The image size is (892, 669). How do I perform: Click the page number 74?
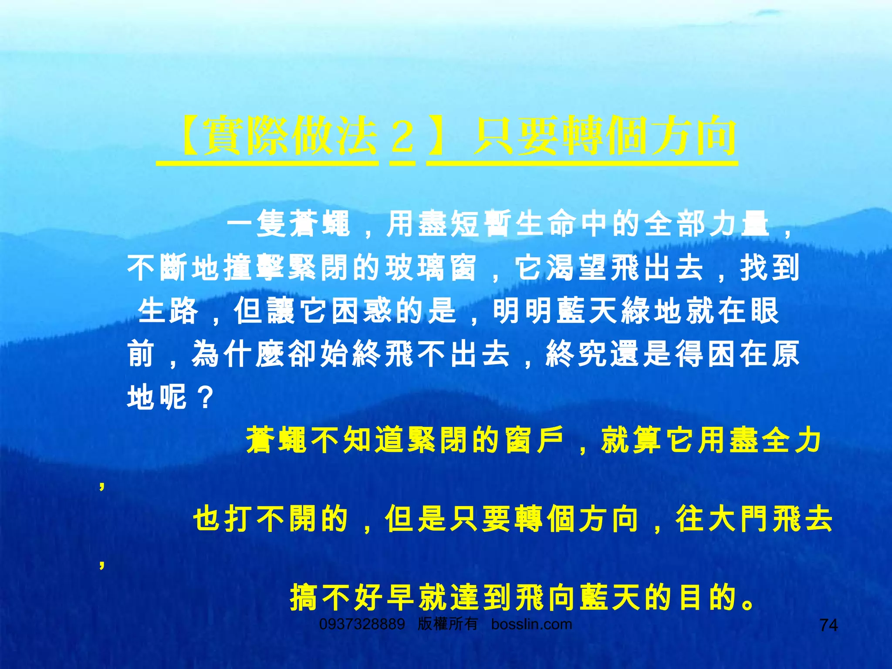pos(828,625)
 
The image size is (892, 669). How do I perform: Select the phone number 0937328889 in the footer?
pos(362,624)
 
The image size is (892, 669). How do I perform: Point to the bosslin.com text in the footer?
pos(531,624)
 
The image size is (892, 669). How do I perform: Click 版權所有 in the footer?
pos(447,624)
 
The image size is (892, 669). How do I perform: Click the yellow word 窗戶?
pos(535,440)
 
